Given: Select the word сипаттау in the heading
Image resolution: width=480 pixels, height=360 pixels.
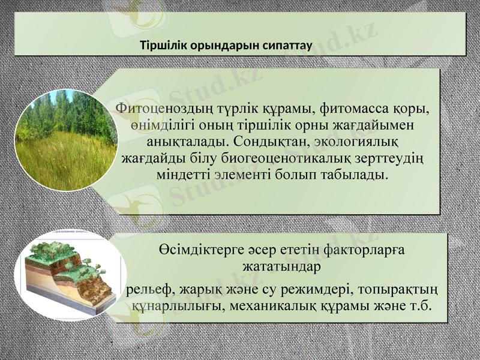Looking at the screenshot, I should [283, 45].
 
